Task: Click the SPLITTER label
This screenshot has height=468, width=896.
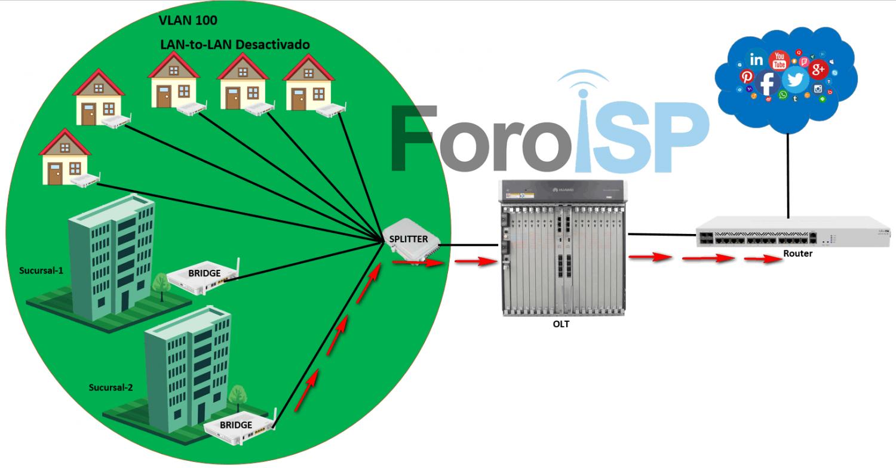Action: [x=409, y=239]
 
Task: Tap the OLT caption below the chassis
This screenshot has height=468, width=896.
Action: [x=561, y=324]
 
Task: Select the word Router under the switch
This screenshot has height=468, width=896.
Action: [x=797, y=254]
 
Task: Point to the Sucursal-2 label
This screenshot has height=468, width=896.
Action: [x=111, y=387]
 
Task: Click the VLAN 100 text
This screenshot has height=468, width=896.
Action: [x=188, y=20]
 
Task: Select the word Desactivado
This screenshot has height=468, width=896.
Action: [x=276, y=45]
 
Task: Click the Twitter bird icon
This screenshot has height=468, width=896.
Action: [x=795, y=79]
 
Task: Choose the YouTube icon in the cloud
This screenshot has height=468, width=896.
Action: [x=779, y=60]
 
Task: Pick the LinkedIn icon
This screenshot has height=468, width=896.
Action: [x=757, y=60]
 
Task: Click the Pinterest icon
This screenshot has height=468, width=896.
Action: [x=747, y=76]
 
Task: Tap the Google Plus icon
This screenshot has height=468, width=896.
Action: [x=818, y=70]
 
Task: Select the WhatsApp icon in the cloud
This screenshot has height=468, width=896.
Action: [x=783, y=94]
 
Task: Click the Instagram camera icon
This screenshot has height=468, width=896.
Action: [x=818, y=90]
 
